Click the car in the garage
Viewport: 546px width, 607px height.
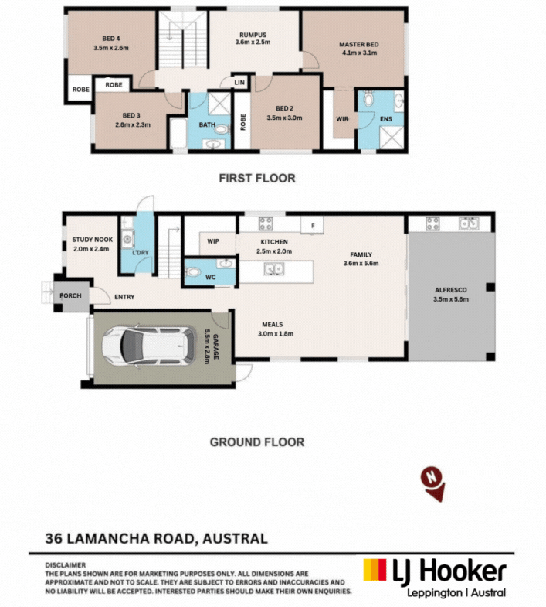pyautogui.click(x=149, y=346)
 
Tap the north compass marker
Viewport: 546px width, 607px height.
pyautogui.click(x=432, y=484)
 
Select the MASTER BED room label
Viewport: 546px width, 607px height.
pyautogui.click(x=359, y=45)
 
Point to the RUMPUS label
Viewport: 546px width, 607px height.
pyautogui.click(x=253, y=35)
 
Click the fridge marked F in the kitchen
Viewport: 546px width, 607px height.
pyautogui.click(x=312, y=226)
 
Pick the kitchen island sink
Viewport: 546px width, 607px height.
pyautogui.click(x=274, y=268)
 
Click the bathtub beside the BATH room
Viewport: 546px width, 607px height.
pyautogui.click(x=178, y=133)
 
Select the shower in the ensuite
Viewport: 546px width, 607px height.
pyautogui.click(x=392, y=137)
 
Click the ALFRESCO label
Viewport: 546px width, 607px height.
pyautogui.click(x=450, y=290)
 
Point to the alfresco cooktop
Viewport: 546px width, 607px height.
pyautogui.click(x=432, y=223)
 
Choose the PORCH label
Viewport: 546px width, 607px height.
pyautogui.click(x=70, y=295)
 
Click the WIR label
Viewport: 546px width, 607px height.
pyautogui.click(x=342, y=119)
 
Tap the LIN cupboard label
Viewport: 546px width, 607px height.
pyautogui.click(x=239, y=83)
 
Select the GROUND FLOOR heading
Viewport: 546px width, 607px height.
pyautogui.click(x=257, y=442)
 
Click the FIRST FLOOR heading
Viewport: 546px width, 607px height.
pyautogui.click(x=257, y=178)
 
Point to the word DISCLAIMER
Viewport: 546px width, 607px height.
pyautogui.click(x=66, y=565)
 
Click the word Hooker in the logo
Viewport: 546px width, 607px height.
pyautogui.click(x=463, y=572)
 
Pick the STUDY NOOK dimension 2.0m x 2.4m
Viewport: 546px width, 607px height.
pyautogui.click(x=91, y=249)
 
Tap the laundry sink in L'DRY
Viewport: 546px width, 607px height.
pyautogui.click(x=127, y=239)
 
